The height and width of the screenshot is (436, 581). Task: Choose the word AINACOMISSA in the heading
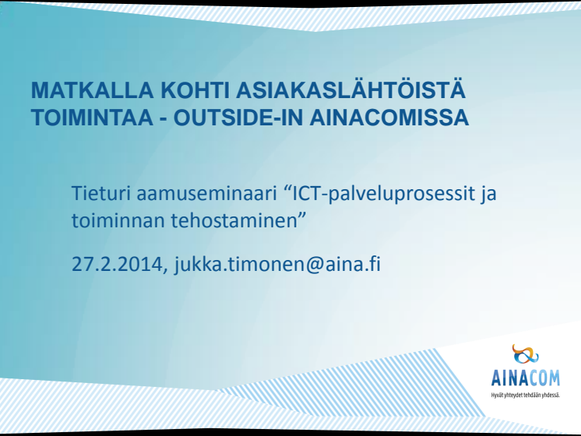pyautogui.click(x=389, y=118)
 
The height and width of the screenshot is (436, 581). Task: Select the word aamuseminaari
pyautogui.click(x=206, y=193)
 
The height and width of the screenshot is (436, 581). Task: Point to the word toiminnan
pyautogui.click(x=118, y=220)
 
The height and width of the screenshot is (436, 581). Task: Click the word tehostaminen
pyautogui.click(x=234, y=220)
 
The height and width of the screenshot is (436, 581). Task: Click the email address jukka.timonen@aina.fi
pyautogui.click(x=277, y=265)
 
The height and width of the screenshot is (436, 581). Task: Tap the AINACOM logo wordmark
pyautogui.click(x=526, y=378)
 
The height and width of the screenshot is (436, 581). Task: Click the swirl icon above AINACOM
pyautogui.click(x=525, y=354)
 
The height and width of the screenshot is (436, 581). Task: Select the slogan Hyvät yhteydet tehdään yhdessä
pyautogui.click(x=526, y=395)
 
